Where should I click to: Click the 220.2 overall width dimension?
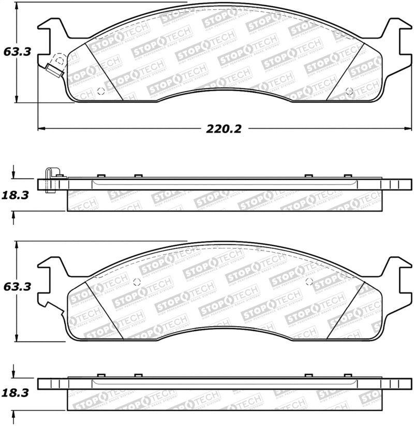click(x=224, y=129)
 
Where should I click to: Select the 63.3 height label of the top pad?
click(x=16, y=52)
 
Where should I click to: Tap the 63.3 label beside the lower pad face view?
click(x=16, y=286)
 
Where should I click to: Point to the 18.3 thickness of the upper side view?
click(x=15, y=195)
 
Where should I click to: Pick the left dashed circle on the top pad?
click(x=100, y=92)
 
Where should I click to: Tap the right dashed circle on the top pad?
click(x=349, y=92)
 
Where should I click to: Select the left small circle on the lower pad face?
click(x=137, y=282)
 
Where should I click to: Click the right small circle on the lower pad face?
click(x=309, y=281)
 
